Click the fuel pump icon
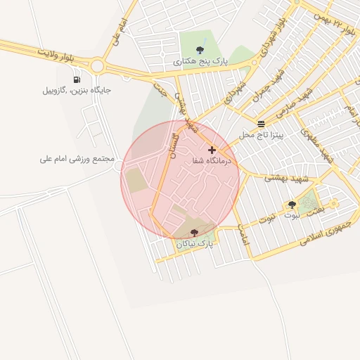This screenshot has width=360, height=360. point(76,79)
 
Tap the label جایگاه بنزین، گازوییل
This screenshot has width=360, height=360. point(77,90)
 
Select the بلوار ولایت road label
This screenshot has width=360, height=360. point(56,53)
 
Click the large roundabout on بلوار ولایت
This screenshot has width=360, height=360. point(96,67)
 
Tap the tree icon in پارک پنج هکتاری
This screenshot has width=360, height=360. point(201,50)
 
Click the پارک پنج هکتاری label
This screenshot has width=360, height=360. point(201,61)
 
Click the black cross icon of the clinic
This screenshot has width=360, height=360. point(212,150)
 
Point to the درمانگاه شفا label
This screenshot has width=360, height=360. point(212,160)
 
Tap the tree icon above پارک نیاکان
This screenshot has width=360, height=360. point(194,232)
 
